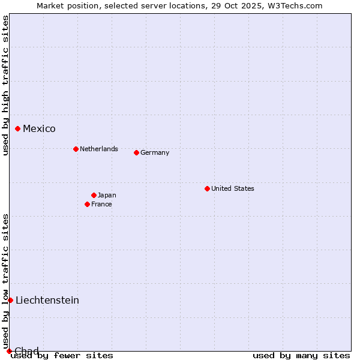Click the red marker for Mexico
click(x=18, y=128)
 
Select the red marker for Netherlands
click(x=76, y=149)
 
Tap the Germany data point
click(x=136, y=152)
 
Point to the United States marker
click(x=207, y=188)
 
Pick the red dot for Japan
click(x=94, y=195)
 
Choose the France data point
click(x=87, y=204)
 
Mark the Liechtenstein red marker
click(x=10, y=300)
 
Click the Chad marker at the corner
click(x=9, y=351)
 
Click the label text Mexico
click(x=39, y=128)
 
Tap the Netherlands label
click(x=99, y=149)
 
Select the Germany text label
click(x=155, y=152)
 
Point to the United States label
click(x=233, y=188)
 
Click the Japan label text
click(x=107, y=195)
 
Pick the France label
click(x=101, y=204)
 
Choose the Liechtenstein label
click(x=47, y=300)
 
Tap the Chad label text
click(x=26, y=351)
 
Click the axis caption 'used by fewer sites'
click(x=62, y=355)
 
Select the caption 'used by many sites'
click(x=301, y=355)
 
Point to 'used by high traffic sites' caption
click(x=6, y=85)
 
